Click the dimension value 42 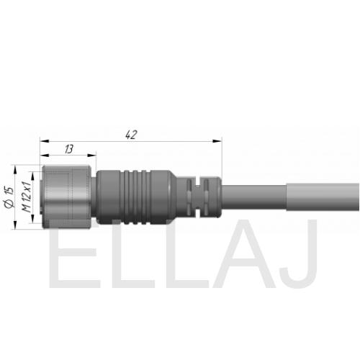pos(131,135)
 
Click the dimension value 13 pos(69,149)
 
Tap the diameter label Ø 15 pos(9,197)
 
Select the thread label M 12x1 pos(27,197)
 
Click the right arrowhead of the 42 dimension pos(217,141)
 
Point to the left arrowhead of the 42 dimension pos(45,141)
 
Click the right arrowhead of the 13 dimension pos(91,156)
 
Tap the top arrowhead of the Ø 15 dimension pos(15,170)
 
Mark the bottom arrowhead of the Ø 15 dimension pos(15,225)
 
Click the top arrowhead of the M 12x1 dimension pos(33,176)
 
